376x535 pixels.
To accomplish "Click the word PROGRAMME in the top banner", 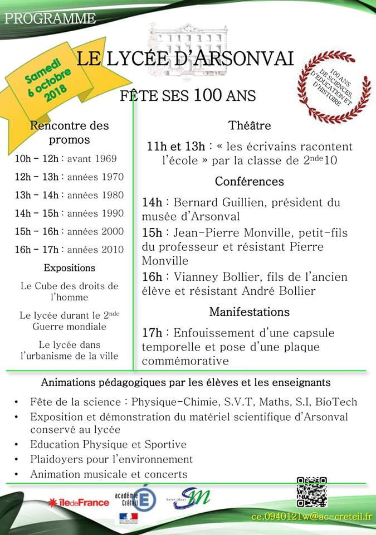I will (50, 18).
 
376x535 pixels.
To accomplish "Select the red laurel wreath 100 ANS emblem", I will (334, 86).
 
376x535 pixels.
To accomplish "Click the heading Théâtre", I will (249, 125).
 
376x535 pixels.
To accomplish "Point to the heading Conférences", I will (249, 182).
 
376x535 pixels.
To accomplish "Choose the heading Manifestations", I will (249, 312).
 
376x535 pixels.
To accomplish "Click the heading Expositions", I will (69, 268).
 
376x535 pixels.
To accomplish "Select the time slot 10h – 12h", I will (37, 159).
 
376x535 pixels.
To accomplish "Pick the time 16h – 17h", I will (37, 250).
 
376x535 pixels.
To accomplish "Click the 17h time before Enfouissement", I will (152, 333).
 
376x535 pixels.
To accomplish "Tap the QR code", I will (311, 492).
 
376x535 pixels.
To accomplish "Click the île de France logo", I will (79, 502).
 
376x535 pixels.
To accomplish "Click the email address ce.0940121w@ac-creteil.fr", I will (311, 517).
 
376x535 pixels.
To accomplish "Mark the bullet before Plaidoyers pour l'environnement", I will (18, 460).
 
